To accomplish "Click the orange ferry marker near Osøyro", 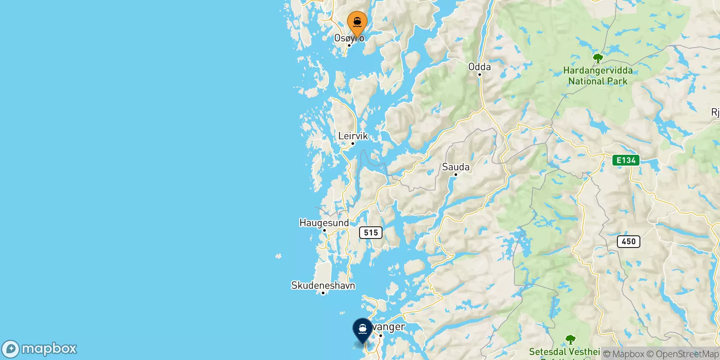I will (357, 22).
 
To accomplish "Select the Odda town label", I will (479, 67).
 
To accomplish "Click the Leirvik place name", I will (353, 136).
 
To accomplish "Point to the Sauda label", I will (455, 167).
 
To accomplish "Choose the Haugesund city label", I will (324, 223).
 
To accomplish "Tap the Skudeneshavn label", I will (323, 285).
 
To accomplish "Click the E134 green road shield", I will (625, 160).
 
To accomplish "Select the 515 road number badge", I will (371, 233).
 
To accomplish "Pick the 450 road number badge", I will (628, 242).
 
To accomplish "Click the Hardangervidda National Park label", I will (598, 76).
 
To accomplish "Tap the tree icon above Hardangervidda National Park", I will (598, 58).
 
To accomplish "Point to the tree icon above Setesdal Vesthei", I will (570, 339).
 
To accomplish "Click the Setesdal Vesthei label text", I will (564, 351).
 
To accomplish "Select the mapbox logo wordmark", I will (49, 349).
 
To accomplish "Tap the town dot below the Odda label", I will (480, 75).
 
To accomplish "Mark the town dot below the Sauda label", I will (455, 175).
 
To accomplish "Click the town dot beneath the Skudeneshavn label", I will (323, 293).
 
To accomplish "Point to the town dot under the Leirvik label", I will (353, 144).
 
